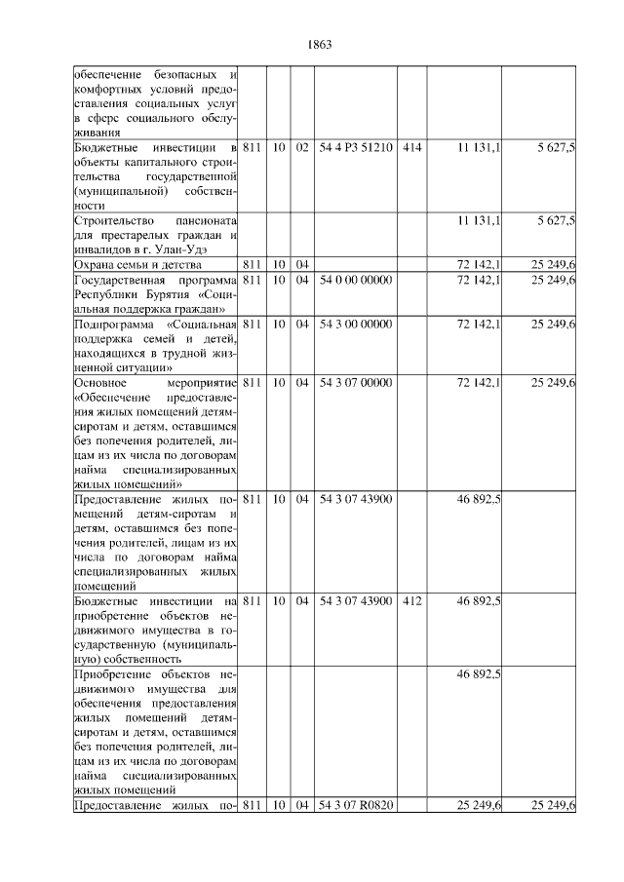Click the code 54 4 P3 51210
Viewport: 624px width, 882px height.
click(356, 147)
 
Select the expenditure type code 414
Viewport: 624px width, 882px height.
click(411, 147)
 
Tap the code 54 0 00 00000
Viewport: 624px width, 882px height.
click(356, 280)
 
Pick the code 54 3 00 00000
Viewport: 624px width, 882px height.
click(356, 324)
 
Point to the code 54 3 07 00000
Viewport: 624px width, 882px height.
click(356, 383)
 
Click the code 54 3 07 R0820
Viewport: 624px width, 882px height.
click(356, 805)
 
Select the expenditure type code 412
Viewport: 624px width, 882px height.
click(411, 602)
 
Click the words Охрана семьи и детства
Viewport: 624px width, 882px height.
click(137, 265)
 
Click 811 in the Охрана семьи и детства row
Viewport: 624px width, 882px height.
click(252, 265)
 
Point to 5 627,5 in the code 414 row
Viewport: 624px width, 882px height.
click(556, 147)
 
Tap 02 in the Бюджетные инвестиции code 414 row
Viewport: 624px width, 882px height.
click(302, 147)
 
